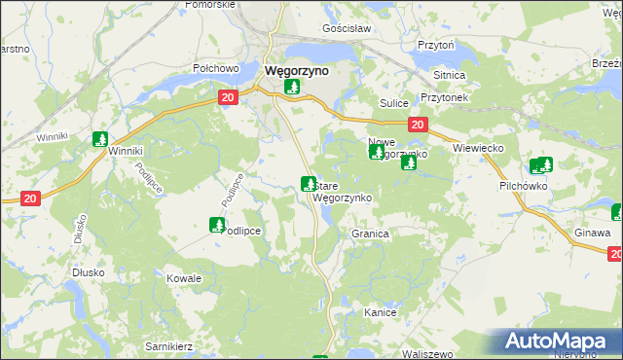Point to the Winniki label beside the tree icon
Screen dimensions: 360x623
pos(127,152)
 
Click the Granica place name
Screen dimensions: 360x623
pos(371,234)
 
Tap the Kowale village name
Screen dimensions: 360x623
pos(184,278)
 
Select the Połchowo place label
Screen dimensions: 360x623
pos(216,69)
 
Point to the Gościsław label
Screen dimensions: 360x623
pos(348,29)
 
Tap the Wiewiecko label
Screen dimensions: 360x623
pos(477,148)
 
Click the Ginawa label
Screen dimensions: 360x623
pos(593,234)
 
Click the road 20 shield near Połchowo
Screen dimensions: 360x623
pos(228,97)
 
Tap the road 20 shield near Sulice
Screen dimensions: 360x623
pos(417,125)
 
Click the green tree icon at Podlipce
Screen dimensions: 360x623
pos(216,225)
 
